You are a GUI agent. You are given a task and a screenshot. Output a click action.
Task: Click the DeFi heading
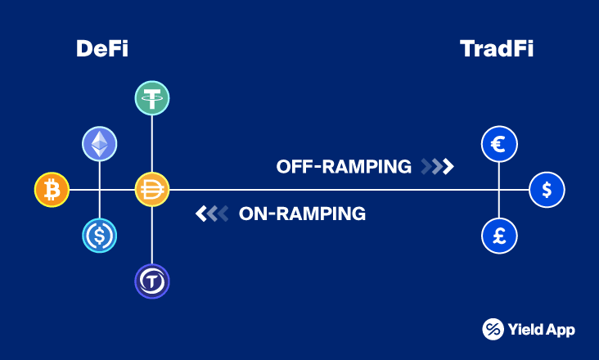point(102,49)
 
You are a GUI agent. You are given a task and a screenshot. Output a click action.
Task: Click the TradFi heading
point(497,49)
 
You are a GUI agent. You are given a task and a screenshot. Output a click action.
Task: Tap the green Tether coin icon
point(151,98)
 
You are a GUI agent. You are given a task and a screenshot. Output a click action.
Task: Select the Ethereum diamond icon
point(99,144)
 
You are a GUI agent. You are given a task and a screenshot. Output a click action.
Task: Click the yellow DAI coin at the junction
point(151,191)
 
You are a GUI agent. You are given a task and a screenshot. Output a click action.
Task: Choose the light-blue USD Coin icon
point(99,236)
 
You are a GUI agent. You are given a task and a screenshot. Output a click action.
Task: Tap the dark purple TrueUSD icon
point(151,282)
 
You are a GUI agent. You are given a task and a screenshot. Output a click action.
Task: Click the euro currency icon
point(498,145)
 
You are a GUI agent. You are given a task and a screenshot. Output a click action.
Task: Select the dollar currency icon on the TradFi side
point(546,190)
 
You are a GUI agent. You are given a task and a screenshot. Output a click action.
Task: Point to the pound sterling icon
point(498,235)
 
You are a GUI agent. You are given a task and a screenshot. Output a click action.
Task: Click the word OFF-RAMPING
point(344,167)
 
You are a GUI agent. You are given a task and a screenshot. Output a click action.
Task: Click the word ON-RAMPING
point(302,214)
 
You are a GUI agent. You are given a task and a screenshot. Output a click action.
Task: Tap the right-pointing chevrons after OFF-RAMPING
point(437,167)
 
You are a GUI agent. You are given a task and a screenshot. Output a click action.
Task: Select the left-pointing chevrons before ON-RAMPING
point(211,214)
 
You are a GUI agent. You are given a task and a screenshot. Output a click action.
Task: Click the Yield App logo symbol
point(493,329)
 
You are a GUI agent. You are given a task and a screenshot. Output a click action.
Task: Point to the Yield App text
point(542,330)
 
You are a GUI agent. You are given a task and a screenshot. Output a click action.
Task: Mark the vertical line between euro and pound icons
point(498,202)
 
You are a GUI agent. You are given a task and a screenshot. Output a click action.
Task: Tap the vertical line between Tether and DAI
point(151,144)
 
